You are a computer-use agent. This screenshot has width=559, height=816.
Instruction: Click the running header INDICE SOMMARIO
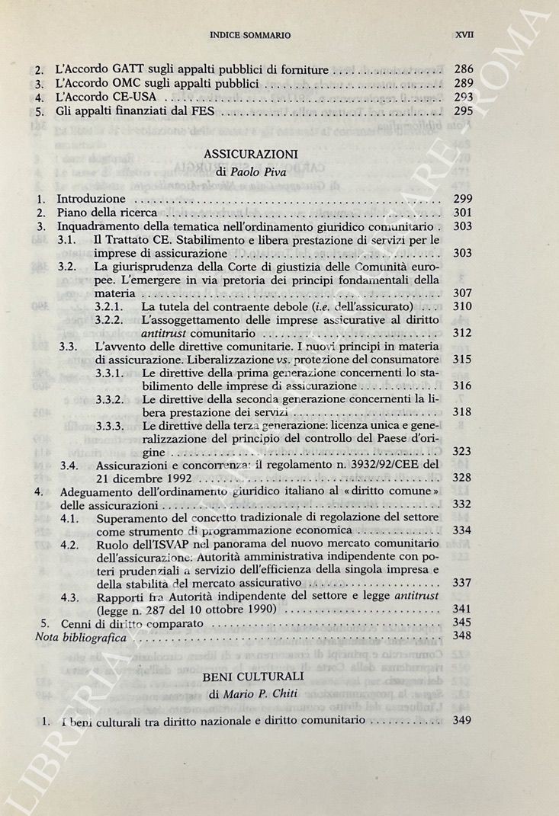pos(254,36)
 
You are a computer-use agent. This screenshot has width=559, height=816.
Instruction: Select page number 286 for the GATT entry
pos(463,70)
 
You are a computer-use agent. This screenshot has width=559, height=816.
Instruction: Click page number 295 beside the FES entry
pos(463,112)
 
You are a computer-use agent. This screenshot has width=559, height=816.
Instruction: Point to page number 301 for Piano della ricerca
pos(463,213)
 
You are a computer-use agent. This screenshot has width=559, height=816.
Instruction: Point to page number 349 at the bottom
pos(463,721)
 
